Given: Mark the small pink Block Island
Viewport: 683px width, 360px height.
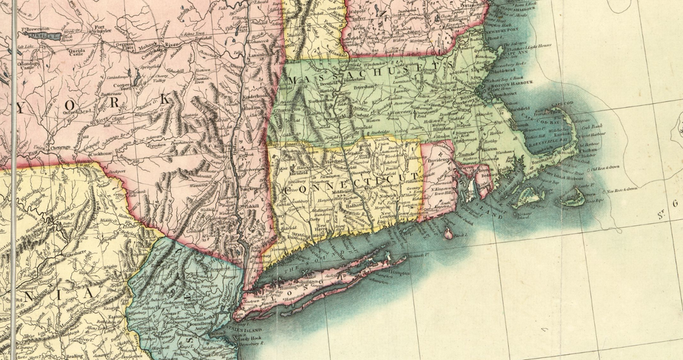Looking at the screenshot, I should [x=448, y=234].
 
